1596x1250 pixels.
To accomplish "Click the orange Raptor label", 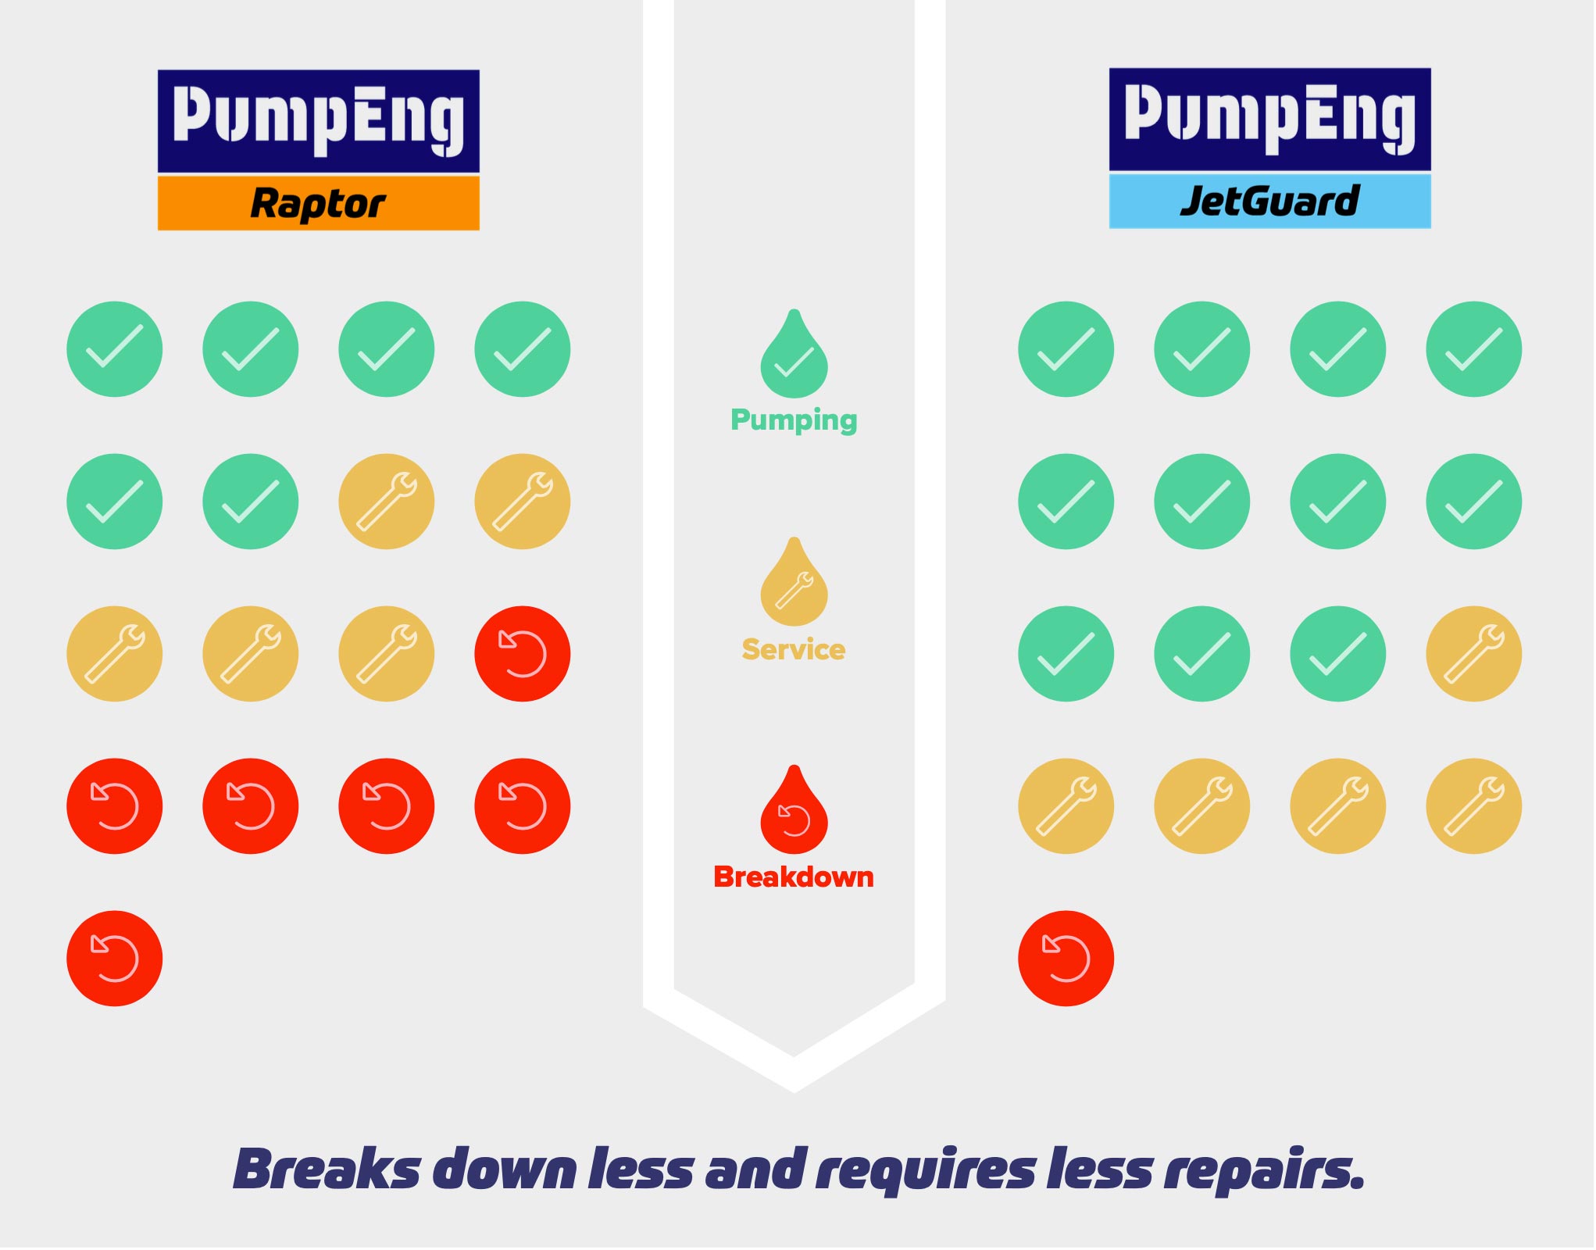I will [318, 203].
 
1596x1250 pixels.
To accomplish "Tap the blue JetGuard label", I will [1269, 201].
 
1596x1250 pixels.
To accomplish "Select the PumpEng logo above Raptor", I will [318, 120].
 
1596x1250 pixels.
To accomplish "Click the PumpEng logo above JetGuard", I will [1269, 119].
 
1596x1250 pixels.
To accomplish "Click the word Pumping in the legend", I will [794, 420].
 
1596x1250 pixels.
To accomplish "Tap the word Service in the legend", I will [794, 649].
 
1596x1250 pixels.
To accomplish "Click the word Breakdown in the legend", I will [794, 877].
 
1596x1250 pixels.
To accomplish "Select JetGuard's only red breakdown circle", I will [1066, 958].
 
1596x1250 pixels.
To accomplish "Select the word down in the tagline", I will [505, 1170].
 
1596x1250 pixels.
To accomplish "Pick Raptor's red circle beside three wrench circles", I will [522, 653].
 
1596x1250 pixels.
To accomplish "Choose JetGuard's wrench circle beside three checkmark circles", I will [1473, 653].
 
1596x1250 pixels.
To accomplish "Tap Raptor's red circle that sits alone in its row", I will [114, 958].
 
